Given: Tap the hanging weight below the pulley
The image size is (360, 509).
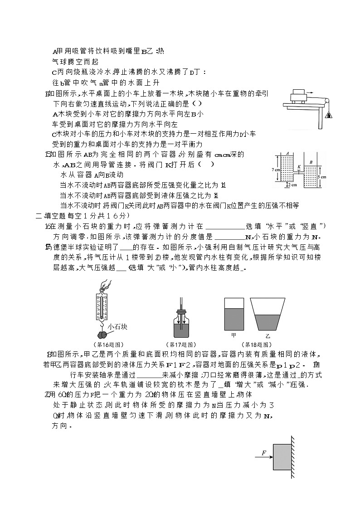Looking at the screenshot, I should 327,115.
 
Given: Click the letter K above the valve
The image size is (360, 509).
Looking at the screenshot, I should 299,166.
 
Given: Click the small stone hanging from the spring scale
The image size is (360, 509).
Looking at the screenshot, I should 103,334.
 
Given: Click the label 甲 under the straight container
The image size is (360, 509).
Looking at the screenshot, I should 234,335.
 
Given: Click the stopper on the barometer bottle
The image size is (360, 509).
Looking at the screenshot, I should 181,311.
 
